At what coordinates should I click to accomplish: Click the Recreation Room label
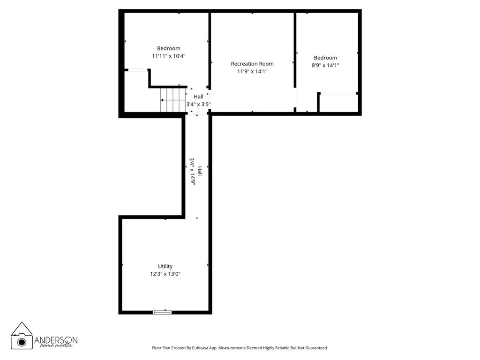coord(252,64)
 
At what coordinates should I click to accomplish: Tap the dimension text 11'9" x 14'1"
coord(252,72)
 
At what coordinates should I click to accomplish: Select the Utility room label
coord(165,266)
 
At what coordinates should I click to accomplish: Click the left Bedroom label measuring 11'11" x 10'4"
coord(168,48)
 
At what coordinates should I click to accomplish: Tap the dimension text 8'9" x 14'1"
coord(325,66)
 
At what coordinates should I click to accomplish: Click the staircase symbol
coord(173,100)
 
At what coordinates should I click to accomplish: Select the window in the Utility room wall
coord(163,312)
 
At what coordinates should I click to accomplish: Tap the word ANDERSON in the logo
coord(56,340)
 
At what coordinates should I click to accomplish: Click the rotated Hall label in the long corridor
coord(200,171)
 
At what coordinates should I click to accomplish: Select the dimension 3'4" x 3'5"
coord(198,104)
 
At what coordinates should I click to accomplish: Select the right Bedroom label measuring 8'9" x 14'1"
coord(325,58)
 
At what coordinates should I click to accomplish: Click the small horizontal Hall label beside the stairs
coord(198,97)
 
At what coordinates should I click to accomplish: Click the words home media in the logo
coord(56,346)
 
